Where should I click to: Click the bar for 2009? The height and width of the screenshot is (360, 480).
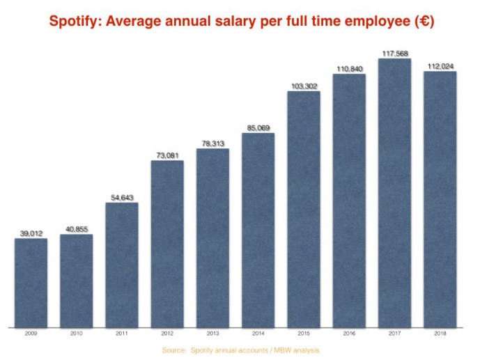tap(31, 282)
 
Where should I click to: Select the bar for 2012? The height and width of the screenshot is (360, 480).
tap(167, 244)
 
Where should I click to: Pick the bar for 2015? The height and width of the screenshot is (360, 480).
tap(304, 209)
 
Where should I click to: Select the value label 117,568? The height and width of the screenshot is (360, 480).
tap(394, 54)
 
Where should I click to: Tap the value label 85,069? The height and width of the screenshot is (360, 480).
tap(258, 128)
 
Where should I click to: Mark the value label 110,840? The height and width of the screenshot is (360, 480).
tap(349, 69)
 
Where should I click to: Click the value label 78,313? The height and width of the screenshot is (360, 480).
tap(212, 143)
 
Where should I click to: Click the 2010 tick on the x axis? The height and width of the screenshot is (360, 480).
tap(76, 334)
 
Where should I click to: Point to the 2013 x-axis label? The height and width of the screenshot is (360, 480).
tap(212, 334)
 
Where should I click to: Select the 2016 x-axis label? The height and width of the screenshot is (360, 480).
tap(349, 334)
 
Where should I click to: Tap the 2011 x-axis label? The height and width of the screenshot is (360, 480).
tap(122, 334)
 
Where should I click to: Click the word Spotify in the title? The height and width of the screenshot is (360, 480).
tap(72, 22)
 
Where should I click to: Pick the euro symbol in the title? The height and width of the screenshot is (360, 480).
tap(421, 22)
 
